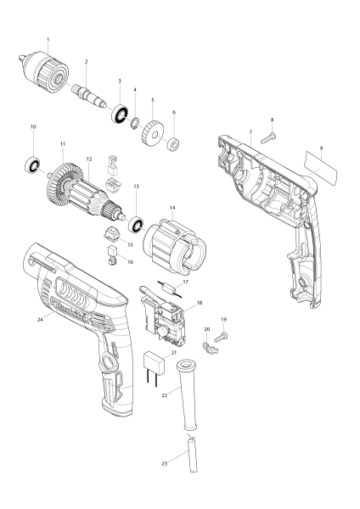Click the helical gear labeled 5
[x=153, y=132]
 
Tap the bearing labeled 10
[x=33, y=165]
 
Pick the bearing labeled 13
[x=134, y=224]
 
